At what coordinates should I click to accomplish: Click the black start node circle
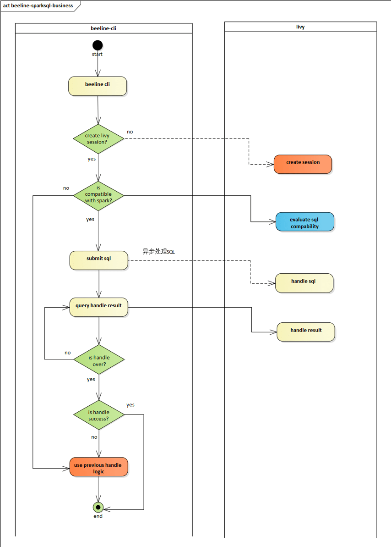[98, 45]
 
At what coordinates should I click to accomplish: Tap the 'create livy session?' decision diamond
[98, 138]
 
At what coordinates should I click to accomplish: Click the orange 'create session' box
[303, 164]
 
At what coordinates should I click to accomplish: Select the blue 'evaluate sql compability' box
[304, 222]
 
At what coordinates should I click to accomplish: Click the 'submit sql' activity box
[98, 260]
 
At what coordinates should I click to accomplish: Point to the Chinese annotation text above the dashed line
[158, 252]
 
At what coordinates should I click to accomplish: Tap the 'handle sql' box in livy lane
[304, 283]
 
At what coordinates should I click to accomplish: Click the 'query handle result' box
[98, 307]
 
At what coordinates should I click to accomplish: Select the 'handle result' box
[306, 332]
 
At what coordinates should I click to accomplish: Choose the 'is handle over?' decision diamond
[99, 360]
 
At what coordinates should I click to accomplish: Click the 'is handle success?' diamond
[99, 414]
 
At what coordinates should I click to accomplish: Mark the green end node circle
[98, 507]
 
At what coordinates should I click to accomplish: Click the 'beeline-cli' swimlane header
[103, 28]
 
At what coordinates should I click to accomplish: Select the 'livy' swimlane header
[300, 27]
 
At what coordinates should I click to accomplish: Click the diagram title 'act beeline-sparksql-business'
[38, 6]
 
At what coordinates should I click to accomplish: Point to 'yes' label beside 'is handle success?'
[130, 405]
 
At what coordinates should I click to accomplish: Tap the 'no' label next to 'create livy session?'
[130, 132]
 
